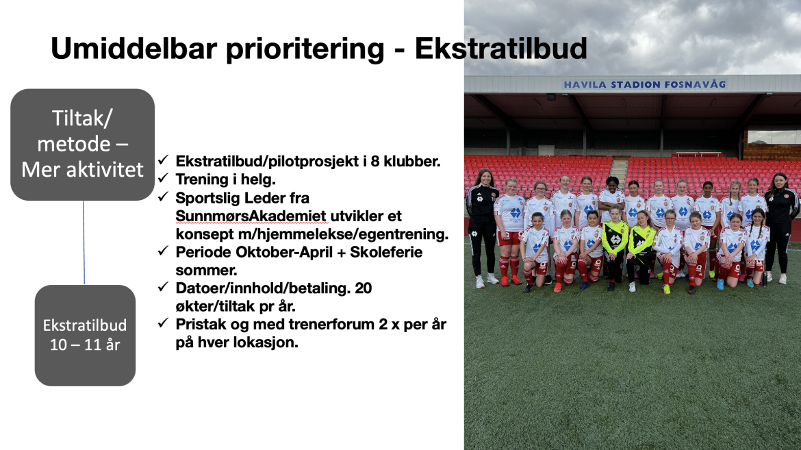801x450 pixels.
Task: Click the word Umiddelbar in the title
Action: point(135,49)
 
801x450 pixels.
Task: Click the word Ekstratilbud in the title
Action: point(500,49)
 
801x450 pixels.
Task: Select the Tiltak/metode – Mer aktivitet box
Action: point(82,145)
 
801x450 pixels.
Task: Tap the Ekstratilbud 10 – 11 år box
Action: point(85,336)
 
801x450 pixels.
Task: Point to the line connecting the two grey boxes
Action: point(84,243)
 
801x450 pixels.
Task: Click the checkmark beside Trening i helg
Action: point(164,179)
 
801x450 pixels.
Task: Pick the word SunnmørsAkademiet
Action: point(251,216)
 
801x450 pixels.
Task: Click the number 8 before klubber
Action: point(375,162)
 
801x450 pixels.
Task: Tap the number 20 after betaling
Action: point(364,288)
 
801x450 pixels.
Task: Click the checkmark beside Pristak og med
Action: point(164,323)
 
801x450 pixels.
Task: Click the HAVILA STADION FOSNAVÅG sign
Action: point(645,84)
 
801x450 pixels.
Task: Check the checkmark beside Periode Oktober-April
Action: point(164,251)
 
